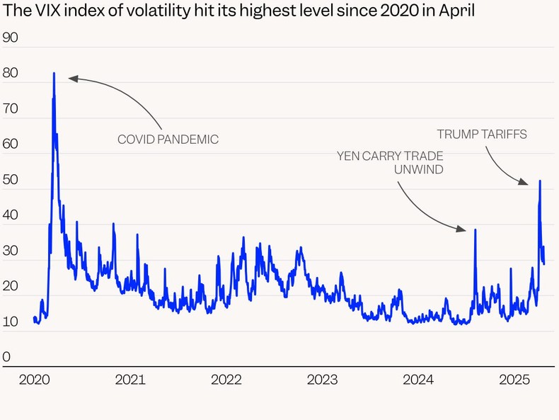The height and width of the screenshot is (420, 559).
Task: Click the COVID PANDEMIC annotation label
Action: coord(168,140)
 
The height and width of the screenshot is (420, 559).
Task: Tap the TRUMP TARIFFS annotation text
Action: coord(481,134)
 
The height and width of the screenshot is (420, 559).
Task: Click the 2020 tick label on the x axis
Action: coord(34,380)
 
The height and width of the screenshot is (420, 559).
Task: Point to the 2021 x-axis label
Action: coord(130,380)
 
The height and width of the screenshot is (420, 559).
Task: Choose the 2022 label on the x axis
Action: coord(226,380)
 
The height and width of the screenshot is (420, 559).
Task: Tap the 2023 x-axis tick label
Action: coord(322,380)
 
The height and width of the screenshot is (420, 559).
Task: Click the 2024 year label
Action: coord(418,380)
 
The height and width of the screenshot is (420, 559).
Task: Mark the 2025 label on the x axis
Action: coord(514,380)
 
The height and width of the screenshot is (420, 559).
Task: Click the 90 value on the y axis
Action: coord(11,38)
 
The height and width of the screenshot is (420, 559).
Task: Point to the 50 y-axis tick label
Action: coord(11,180)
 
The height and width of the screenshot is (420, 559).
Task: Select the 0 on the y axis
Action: coord(7,357)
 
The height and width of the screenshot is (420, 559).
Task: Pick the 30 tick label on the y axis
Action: coord(11,251)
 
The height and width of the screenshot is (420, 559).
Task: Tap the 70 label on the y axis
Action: coord(11,109)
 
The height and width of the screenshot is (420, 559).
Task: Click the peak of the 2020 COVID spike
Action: coord(54,73)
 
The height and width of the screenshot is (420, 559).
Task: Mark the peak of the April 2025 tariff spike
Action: coord(540,181)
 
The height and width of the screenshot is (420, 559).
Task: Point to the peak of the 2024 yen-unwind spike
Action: coord(475,229)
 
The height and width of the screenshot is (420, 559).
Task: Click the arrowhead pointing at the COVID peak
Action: coord(71,79)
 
